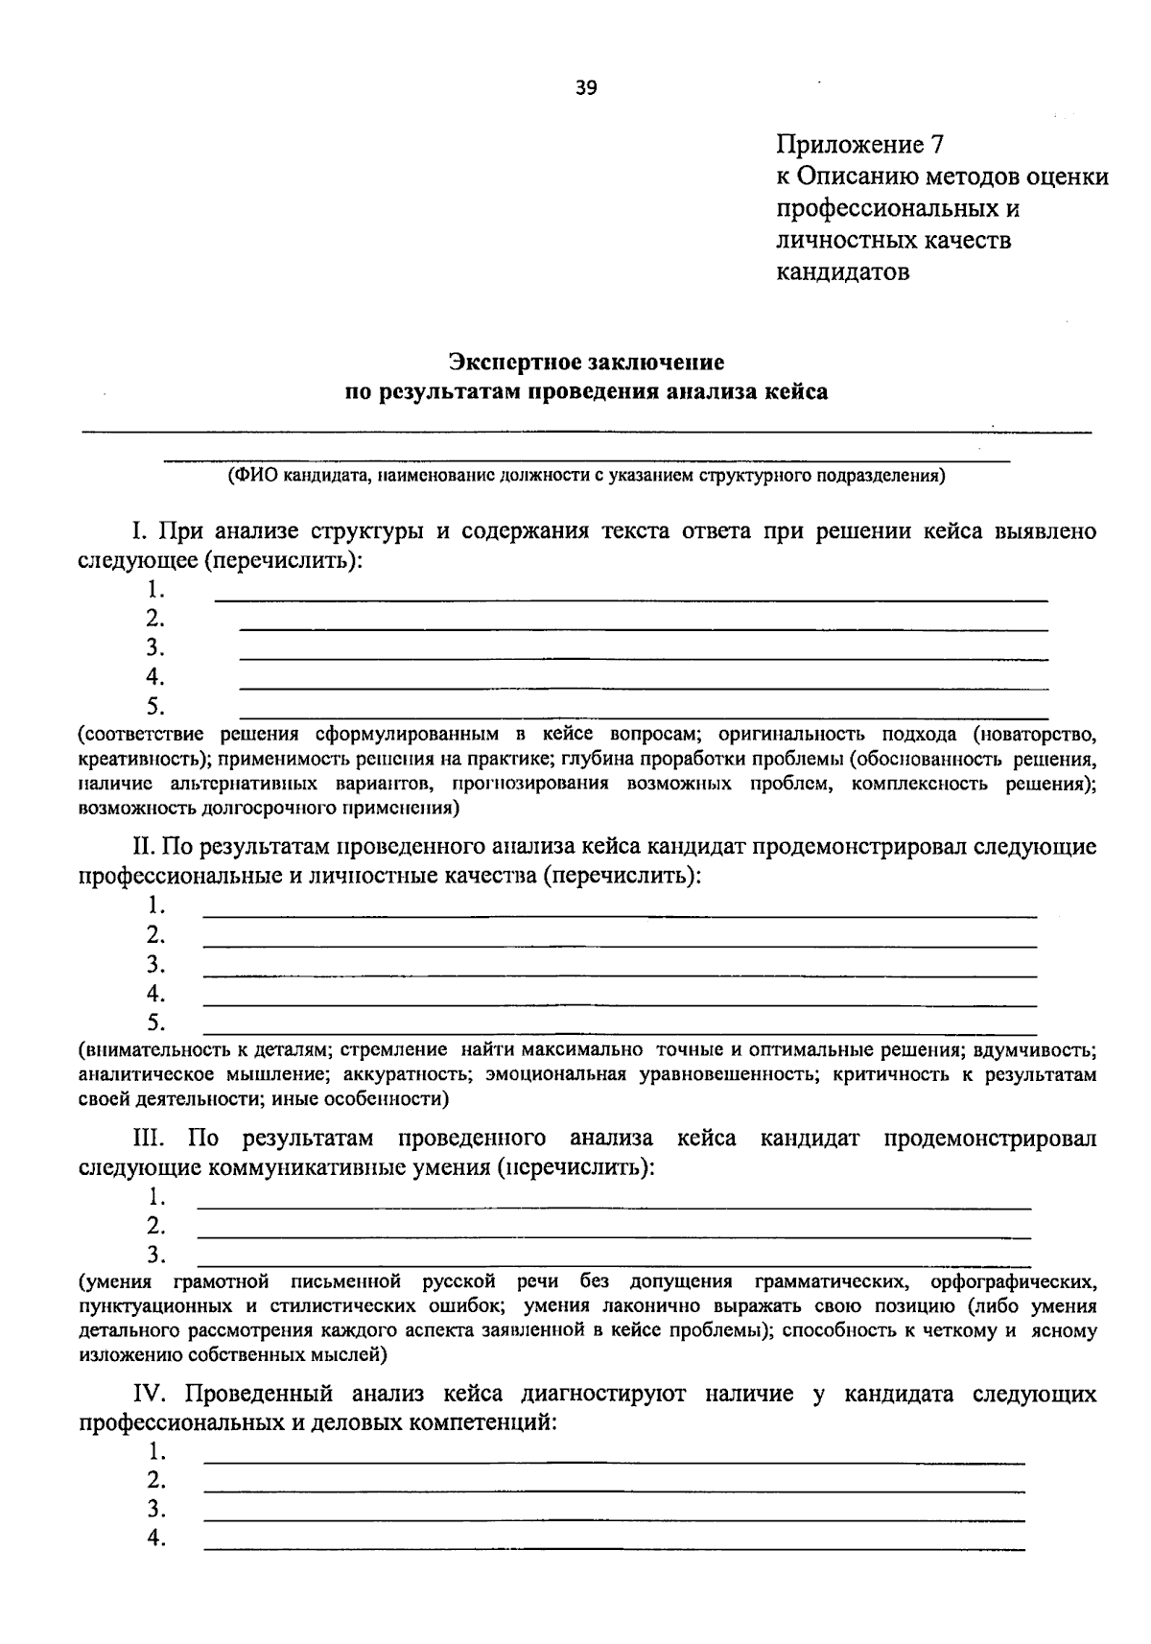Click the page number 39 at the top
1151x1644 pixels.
click(x=586, y=88)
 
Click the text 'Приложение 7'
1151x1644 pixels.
click(x=860, y=145)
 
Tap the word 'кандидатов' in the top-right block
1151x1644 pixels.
click(x=843, y=271)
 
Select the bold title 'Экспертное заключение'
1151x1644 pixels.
click(x=586, y=362)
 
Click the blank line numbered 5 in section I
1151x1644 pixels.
click(x=643, y=716)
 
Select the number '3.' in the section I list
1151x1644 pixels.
click(x=155, y=647)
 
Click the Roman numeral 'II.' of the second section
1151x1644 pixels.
click(x=144, y=847)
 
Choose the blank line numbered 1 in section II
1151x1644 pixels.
click(x=619, y=916)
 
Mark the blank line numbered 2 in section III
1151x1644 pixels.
click(x=614, y=1236)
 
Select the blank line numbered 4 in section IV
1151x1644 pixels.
click(x=614, y=1549)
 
